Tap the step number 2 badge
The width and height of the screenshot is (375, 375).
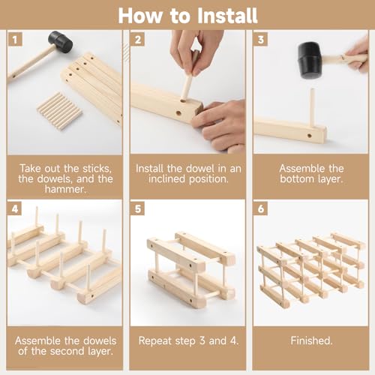[x=137, y=38]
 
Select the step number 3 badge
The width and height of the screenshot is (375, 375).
[x=260, y=38]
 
